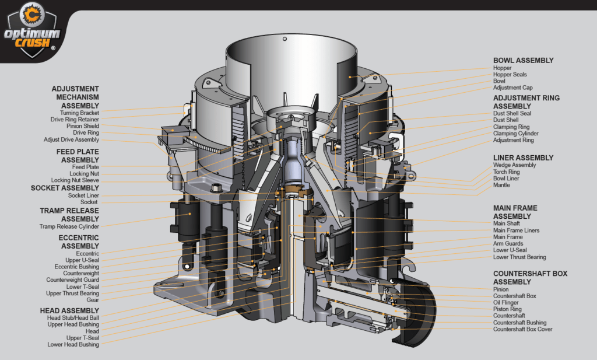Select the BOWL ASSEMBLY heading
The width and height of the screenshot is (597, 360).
[523, 60]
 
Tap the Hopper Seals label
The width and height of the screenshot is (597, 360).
[510, 75]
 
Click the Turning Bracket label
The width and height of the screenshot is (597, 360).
[79, 113]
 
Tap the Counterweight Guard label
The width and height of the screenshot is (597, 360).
[73, 280]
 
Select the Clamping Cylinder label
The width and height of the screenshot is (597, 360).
[515, 134]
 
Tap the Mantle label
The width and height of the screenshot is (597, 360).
[501, 186]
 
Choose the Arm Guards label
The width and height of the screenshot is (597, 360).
[508, 244]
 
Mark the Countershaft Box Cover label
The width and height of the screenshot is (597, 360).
[522, 330]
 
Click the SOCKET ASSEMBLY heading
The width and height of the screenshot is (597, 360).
[65, 188]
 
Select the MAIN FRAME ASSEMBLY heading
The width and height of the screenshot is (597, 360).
[515, 212]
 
